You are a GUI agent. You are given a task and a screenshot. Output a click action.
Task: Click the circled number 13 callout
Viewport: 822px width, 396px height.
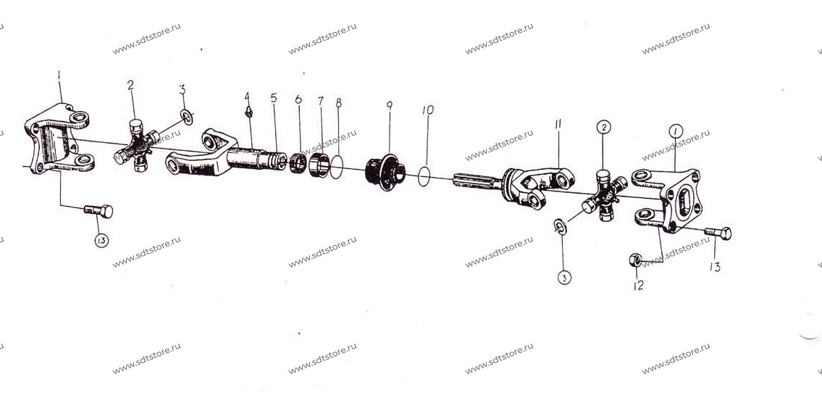click(101, 241)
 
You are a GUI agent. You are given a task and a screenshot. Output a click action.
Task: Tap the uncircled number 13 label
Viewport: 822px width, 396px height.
click(715, 267)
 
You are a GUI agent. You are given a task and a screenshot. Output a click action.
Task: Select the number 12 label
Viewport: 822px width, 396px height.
click(638, 285)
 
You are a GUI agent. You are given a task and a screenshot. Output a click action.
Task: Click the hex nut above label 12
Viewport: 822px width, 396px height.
click(635, 260)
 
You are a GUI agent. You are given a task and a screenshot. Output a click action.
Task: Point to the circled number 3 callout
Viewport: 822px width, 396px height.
click(564, 278)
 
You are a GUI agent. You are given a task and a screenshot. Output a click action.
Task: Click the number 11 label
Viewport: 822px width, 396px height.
click(558, 124)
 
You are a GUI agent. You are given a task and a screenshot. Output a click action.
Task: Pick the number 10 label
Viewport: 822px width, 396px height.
click(428, 110)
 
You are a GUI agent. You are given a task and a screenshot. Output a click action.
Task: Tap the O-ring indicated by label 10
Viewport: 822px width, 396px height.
click(424, 176)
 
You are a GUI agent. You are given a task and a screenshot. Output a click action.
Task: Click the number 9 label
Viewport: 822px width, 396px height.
click(390, 106)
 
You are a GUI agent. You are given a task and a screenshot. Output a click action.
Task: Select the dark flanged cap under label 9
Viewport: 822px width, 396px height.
click(385, 172)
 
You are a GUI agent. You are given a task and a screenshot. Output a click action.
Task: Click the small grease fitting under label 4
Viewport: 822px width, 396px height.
click(250, 112)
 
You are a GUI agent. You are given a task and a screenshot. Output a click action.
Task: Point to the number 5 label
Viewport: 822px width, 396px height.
click(274, 98)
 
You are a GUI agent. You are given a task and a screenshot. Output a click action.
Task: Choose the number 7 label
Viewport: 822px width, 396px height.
click(320, 101)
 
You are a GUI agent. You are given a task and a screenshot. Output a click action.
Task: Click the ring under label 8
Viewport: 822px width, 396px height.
click(337, 167)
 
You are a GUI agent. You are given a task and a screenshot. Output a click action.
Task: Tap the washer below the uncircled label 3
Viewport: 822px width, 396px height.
click(187, 117)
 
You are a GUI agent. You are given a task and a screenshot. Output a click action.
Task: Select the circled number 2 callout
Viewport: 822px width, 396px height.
click(603, 127)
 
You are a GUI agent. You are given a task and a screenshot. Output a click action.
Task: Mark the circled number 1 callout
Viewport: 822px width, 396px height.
click(676, 131)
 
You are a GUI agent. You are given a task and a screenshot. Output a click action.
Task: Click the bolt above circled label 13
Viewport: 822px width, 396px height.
click(98, 210)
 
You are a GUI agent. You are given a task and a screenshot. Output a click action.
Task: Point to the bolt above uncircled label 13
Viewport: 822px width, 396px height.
click(718, 233)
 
